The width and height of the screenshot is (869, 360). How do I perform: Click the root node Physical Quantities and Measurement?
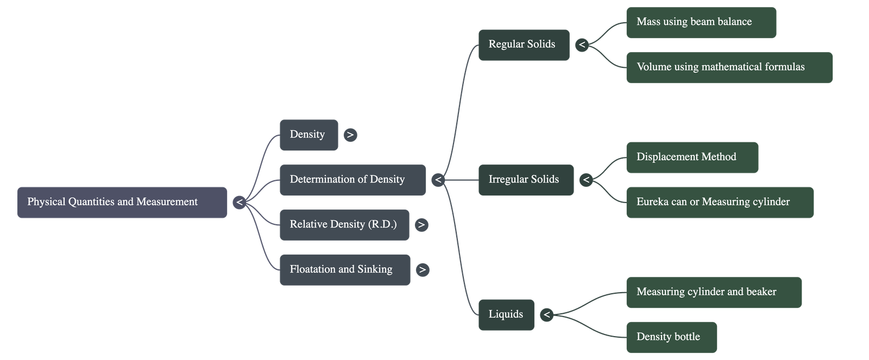[x=122, y=203]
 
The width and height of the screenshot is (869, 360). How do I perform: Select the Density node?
[x=308, y=135]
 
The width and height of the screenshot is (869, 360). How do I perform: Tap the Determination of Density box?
[x=352, y=180]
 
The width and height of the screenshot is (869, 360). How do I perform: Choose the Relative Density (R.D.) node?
[x=344, y=225]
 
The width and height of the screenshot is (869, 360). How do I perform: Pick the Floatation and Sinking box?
[x=345, y=270]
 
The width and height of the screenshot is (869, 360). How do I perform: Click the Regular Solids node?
[x=524, y=45]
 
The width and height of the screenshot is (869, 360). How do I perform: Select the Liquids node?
[x=506, y=314]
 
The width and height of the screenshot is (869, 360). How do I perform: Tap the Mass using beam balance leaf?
[x=701, y=22]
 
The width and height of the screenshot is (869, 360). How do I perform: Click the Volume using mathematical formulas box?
[x=729, y=67]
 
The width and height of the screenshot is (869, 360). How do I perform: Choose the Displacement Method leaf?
[x=692, y=157]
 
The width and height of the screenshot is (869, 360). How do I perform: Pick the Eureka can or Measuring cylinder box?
[x=720, y=203]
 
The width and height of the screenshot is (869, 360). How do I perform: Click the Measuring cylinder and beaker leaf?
[x=714, y=292]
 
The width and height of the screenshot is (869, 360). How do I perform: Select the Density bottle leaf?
[x=671, y=337]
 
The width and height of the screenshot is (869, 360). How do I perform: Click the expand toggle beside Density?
[x=350, y=135]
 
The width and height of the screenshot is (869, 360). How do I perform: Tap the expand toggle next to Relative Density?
[x=421, y=225]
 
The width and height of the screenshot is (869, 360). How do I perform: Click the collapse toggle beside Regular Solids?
[x=582, y=45]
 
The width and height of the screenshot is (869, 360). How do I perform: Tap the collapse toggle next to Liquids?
[x=546, y=314]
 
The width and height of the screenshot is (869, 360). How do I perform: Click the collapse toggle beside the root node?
[x=239, y=203]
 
